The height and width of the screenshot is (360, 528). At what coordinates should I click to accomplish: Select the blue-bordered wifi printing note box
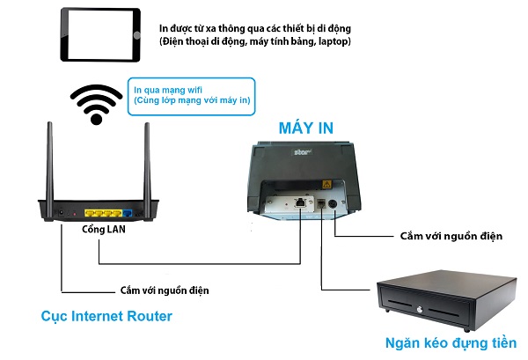[191, 95]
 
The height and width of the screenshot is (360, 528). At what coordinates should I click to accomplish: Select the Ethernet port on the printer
[301, 203]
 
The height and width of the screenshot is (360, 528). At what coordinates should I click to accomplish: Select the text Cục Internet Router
[106, 316]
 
